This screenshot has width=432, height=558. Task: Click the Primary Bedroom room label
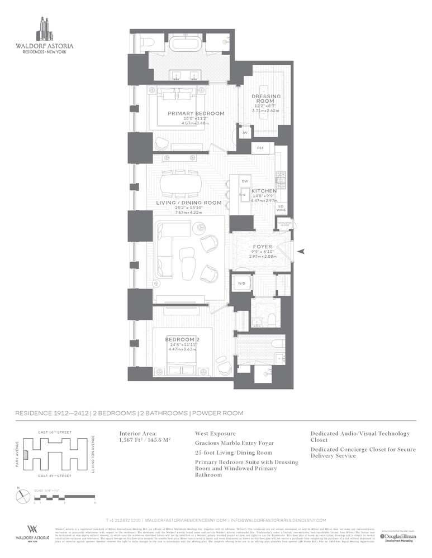pyautogui.click(x=196, y=113)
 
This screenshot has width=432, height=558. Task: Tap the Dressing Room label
pyautogui.click(x=266, y=99)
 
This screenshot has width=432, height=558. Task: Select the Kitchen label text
pyautogui.click(x=264, y=191)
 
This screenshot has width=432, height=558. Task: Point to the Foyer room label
pyautogui.click(x=262, y=246)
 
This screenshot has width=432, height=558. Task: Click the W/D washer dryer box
pyautogui.click(x=241, y=283)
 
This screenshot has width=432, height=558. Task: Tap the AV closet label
pyautogui.click(x=245, y=133)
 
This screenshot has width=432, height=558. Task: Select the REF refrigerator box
pyautogui.click(x=260, y=148)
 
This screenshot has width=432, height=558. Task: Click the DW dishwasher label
pyautogui.click(x=245, y=182)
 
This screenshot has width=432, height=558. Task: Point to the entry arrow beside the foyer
pyautogui.click(x=301, y=252)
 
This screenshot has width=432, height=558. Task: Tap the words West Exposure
pyautogui.click(x=215, y=434)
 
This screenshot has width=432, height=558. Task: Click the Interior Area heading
pyautogui.click(x=138, y=434)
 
